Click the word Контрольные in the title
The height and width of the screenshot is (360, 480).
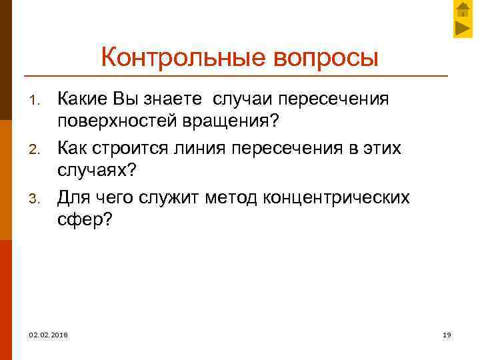pos(184,57)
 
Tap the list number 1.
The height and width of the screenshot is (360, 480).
pos(37,101)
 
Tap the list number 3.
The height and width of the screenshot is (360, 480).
pos(37,198)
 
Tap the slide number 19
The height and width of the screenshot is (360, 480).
pos(447,334)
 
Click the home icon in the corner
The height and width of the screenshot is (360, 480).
pos(463,10)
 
